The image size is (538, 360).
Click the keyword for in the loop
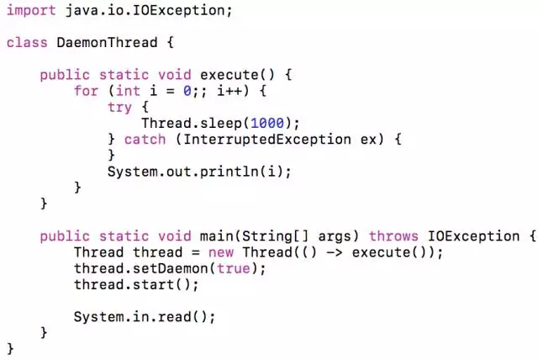click(x=86, y=90)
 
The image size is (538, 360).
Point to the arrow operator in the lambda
click(x=332, y=252)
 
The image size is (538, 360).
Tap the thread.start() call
click(x=136, y=284)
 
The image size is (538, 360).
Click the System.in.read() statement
click(x=145, y=317)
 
